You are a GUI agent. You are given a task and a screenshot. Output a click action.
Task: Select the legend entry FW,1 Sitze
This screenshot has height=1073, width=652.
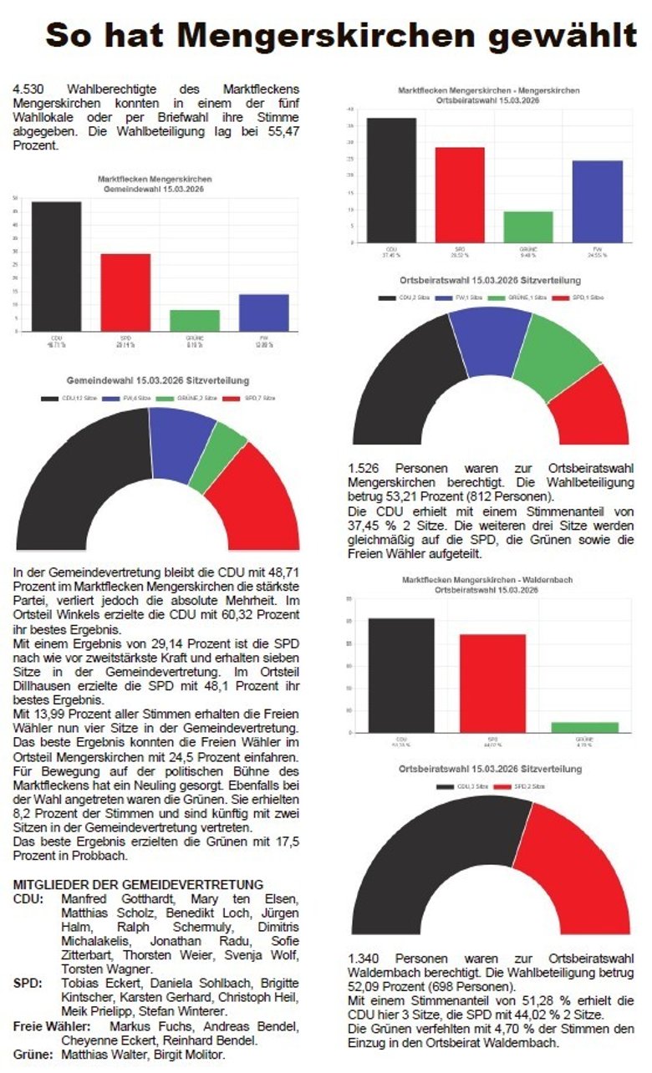click(x=469, y=297)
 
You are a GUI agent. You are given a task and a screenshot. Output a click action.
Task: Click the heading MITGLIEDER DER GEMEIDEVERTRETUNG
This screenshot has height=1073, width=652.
click(x=139, y=884)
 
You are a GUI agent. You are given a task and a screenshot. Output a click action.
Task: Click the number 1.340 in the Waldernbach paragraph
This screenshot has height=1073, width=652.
click(x=366, y=958)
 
